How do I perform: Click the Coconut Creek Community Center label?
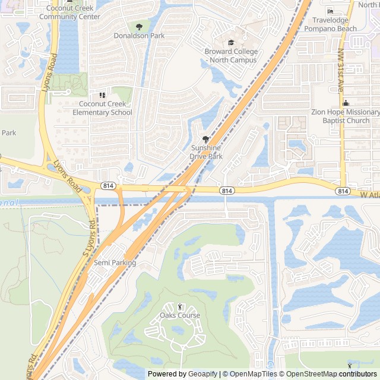tap(69, 12)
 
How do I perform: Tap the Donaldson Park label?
tap(139, 36)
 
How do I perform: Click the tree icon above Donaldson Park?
tap(139, 27)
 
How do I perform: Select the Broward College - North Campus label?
tap(231, 56)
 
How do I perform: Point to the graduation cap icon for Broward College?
tap(231, 43)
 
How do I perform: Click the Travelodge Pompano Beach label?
tap(331, 24)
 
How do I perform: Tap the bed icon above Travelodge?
tap(331, 12)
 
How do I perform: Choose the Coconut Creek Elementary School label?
tap(102, 109)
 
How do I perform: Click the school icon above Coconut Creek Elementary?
tap(102, 95)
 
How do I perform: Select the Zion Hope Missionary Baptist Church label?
tap(345, 116)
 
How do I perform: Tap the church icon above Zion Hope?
tap(345, 104)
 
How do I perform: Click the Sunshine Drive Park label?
tap(206, 152)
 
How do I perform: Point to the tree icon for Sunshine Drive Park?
tap(206, 139)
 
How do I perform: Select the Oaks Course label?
tap(180, 315)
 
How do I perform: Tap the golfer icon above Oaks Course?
tap(180, 306)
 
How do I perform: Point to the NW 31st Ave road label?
tap(341, 78)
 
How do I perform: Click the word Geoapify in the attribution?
tap(203, 374)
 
